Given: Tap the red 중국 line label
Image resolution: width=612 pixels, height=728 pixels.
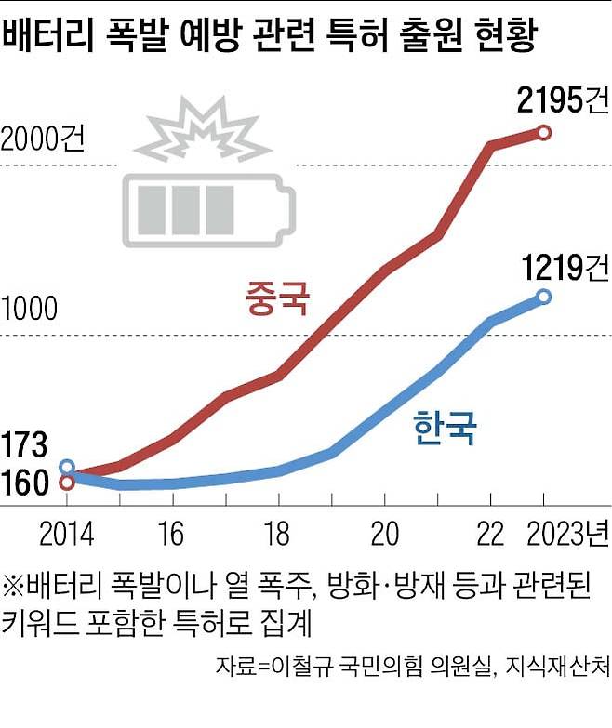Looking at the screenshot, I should (x=276, y=299).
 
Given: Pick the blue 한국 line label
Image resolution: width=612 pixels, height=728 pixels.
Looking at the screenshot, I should (x=444, y=429).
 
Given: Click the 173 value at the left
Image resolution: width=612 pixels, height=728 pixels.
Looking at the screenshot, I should (x=24, y=444).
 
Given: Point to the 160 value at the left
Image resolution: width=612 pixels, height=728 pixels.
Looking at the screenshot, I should (x=24, y=483).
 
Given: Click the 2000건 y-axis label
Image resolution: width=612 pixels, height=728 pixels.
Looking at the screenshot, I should (x=43, y=139).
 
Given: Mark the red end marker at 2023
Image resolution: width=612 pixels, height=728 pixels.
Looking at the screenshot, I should (x=544, y=133).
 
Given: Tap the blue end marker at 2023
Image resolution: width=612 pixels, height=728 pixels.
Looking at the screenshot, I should (x=544, y=297).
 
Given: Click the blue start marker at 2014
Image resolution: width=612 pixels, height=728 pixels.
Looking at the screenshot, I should (x=67, y=467).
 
